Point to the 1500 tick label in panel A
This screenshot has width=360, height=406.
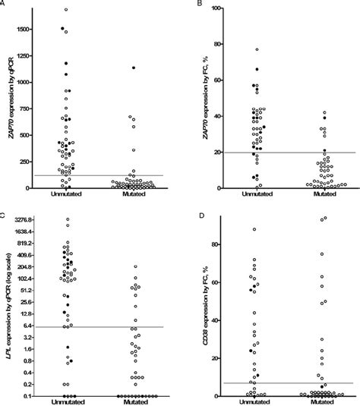[x=21, y=29]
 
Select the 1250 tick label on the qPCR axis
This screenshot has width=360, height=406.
[x=21, y=55]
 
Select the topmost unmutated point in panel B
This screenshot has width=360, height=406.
[x=257, y=49]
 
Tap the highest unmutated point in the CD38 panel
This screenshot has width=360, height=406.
[x=254, y=229]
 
